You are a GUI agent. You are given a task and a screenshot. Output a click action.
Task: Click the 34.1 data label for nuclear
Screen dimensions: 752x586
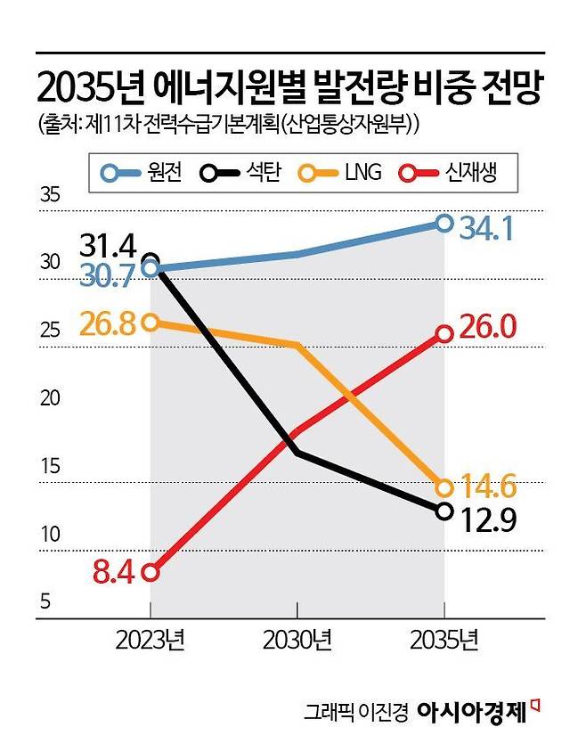tap(486, 229)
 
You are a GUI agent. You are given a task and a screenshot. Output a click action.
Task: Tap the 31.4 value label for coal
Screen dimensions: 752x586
tap(106, 244)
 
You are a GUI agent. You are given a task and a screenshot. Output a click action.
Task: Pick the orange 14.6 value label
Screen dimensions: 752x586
tap(488, 486)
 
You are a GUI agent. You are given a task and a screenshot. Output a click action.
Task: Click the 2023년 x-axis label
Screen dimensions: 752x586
tap(150, 641)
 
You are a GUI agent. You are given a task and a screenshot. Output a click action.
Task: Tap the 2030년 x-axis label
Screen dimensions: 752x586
tap(297, 641)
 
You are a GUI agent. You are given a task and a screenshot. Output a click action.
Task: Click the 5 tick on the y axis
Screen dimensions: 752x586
tap(45, 603)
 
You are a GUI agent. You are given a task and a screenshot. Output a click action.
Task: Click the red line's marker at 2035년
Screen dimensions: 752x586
tap(444, 334)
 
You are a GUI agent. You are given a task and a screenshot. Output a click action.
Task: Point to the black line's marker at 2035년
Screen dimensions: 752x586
tap(444, 511)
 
